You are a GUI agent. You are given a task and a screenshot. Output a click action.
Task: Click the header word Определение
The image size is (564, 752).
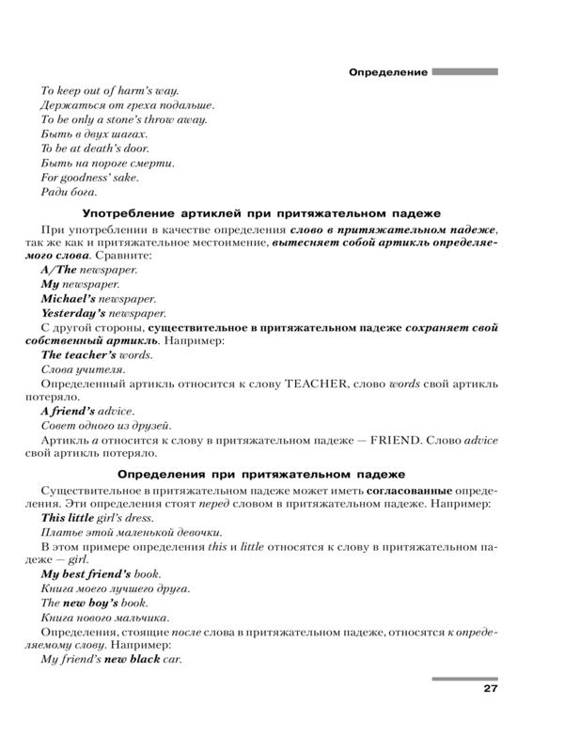(388, 71)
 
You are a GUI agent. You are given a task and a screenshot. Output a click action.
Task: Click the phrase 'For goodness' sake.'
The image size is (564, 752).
(90, 177)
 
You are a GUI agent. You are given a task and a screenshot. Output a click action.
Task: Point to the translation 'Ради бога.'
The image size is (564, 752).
(70, 192)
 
